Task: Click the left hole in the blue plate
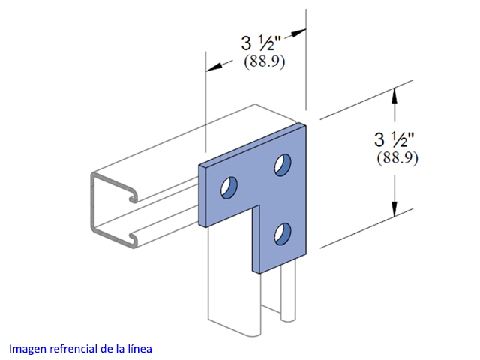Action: point(229,187)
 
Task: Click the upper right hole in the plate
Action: point(283,165)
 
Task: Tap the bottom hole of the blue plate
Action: point(283,234)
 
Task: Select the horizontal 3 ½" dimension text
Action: point(261,43)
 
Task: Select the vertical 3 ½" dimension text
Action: point(394,139)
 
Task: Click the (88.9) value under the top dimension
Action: point(264,61)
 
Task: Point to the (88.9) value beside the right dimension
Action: point(397,158)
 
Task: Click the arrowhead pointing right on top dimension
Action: point(298,33)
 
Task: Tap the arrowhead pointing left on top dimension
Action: point(214,67)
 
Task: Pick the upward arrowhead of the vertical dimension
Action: point(394,95)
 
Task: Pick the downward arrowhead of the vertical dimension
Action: point(394,209)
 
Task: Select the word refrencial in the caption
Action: point(73,348)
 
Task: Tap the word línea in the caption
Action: point(140,348)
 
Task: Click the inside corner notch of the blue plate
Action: point(259,205)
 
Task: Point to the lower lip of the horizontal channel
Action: point(133,238)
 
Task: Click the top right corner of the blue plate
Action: point(306,124)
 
